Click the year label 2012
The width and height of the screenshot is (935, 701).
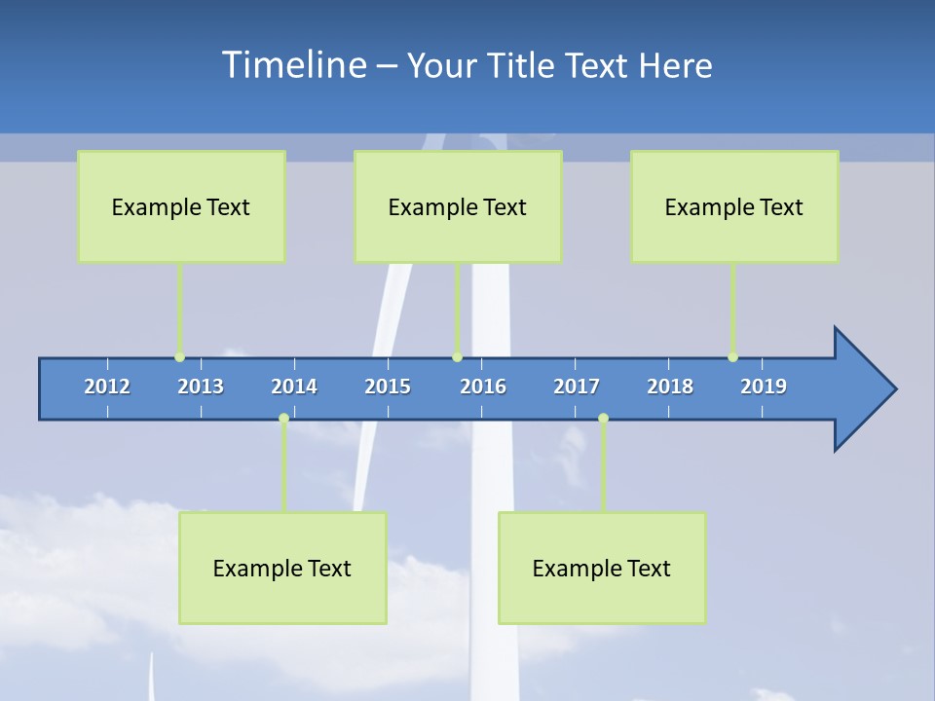[x=107, y=387]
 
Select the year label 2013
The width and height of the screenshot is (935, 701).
[x=201, y=387]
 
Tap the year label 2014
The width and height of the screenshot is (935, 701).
[x=294, y=387]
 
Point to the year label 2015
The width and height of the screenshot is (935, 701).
[x=388, y=387]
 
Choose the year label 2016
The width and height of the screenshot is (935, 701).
[x=483, y=387]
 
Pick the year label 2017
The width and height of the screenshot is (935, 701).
[x=577, y=387]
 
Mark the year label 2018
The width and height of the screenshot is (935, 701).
[x=670, y=387]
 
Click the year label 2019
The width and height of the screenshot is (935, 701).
[x=764, y=387]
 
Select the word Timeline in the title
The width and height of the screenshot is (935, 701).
[x=294, y=65]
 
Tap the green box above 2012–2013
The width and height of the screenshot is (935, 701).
[x=181, y=206]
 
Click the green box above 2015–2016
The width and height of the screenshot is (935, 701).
[x=458, y=206]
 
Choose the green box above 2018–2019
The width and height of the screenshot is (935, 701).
[x=734, y=206]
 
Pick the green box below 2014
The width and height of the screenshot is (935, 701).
[x=282, y=568]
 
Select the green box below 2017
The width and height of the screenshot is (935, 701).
[x=602, y=568]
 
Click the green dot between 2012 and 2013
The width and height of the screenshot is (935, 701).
[x=179, y=357]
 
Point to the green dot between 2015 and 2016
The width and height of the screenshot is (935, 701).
[x=457, y=357]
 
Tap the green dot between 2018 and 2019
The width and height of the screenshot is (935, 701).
[x=732, y=357]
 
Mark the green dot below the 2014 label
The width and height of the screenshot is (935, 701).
[x=283, y=419]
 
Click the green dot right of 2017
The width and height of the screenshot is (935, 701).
[x=603, y=419]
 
